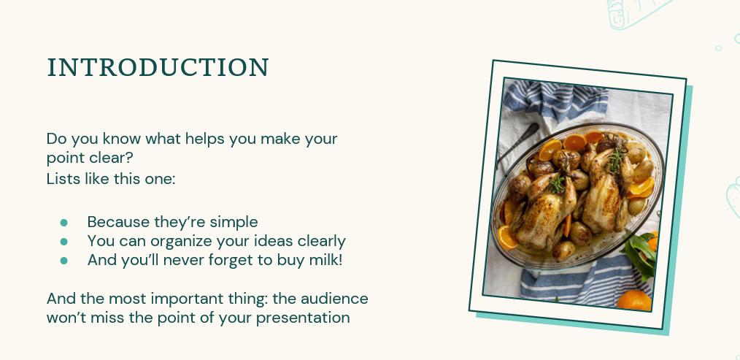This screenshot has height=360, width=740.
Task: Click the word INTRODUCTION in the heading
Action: tap(158, 68)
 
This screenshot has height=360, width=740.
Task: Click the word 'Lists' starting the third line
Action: tap(61, 178)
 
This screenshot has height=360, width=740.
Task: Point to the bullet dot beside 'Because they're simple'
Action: tap(63, 222)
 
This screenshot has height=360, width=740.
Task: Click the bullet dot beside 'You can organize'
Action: tap(63, 241)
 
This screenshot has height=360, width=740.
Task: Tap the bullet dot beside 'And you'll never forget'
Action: tap(63, 260)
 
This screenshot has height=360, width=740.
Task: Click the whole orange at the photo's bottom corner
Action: tap(633, 300)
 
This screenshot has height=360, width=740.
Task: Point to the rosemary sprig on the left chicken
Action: tap(558, 183)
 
